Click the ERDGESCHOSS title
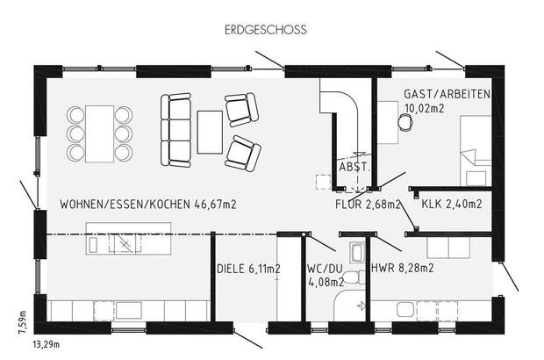click(x=264, y=29)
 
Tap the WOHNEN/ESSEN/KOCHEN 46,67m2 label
click(x=148, y=205)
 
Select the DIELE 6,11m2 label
click(x=248, y=269)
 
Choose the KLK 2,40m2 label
click(x=451, y=205)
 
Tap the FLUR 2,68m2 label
click(x=368, y=205)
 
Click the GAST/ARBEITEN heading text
click(x=447, y=93)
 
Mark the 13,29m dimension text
click(x=47, y=346)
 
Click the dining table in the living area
click(x=98, y=133)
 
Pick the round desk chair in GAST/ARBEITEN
click(x=404, y=123)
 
